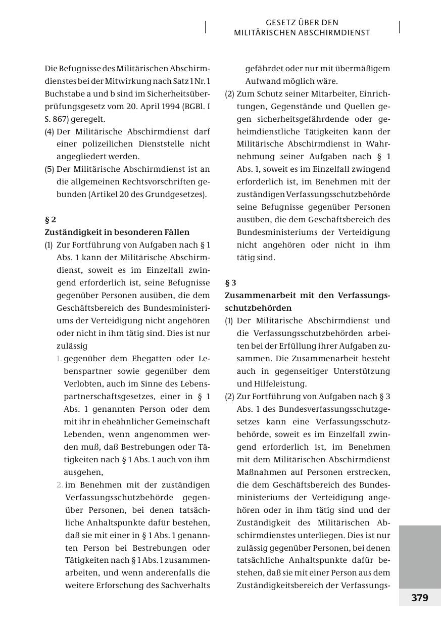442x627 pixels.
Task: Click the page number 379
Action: tap(419, 598)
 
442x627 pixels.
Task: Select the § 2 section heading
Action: tap(51, 220)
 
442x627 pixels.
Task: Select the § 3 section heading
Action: tap(230, 283)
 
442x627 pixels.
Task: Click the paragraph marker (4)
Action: tap(50, 131)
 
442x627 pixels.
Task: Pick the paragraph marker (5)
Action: tap(50, 169)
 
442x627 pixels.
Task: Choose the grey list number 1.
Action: tap(59, 359)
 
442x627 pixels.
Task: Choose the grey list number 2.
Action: tap(60, 485)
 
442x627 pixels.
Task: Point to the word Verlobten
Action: tap(82, 384)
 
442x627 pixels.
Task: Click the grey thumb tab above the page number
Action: tap(420, 556)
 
